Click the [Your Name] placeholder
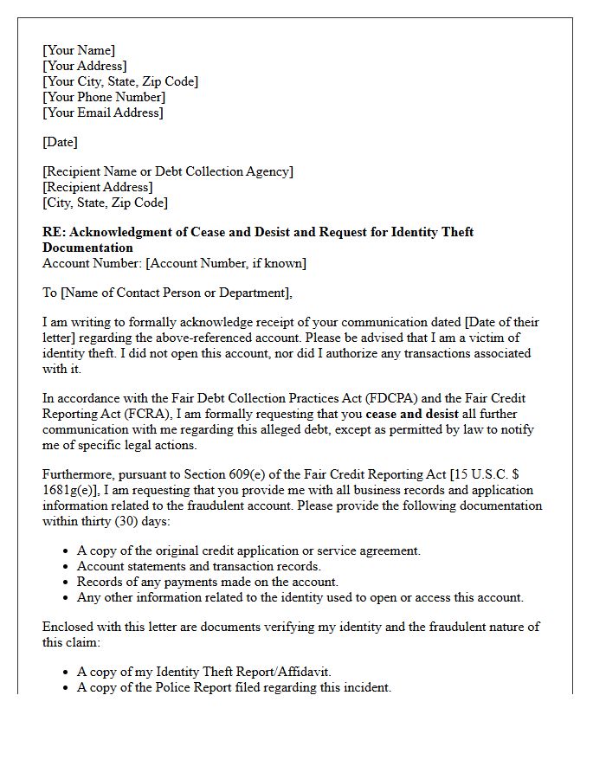[x=79, y=50]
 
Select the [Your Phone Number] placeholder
[x=104, y=97]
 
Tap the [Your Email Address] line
[x=103, y=113]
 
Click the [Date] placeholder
[x=60, y=142]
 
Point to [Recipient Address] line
[x=98, y=187]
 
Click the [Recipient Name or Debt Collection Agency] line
[x=168, y=171]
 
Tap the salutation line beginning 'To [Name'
[x=168, y=293]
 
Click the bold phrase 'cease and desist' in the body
[x=412, y=414]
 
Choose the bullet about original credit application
[x=248, y=550]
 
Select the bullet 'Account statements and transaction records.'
[x=199, y=566]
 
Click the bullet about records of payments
[x=208, y=582]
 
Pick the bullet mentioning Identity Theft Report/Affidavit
[x=204, y=672]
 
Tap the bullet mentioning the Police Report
[x=234, y=687]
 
